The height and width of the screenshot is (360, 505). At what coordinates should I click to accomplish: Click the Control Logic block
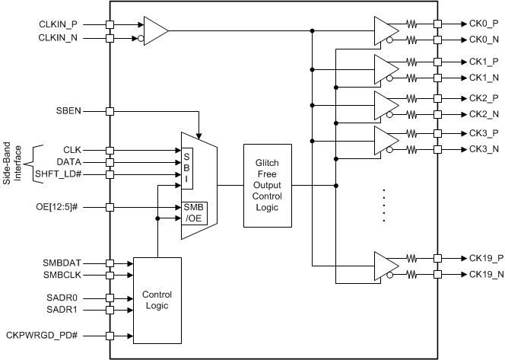157,300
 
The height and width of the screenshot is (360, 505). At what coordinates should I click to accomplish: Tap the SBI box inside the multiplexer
186,161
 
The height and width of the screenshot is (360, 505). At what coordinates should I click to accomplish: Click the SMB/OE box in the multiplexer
194,213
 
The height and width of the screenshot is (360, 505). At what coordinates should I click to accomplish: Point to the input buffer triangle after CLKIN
156,30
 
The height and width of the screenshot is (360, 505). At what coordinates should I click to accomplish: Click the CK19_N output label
483,273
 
